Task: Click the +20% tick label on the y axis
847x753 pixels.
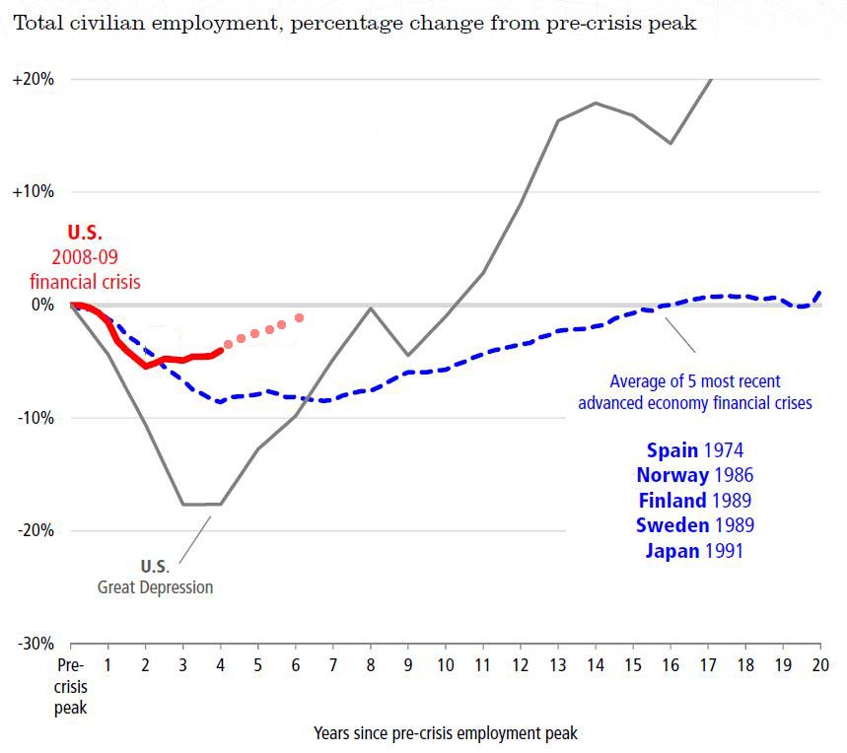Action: tap(34, 79)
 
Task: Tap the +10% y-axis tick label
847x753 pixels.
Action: tap(34, 191)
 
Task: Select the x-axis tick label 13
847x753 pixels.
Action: tap(557, 663)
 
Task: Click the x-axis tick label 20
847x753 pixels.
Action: tap(819, 663)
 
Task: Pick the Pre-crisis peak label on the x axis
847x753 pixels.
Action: tap(71, 685)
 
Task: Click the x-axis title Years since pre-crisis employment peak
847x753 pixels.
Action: tap(446, 733)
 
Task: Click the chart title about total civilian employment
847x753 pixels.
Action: tap(354, 24)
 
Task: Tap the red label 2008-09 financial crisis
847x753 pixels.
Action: tap(85, 271)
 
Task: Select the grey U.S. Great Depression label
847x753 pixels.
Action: tap(155, 577)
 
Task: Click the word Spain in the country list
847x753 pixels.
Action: tap(672, 450)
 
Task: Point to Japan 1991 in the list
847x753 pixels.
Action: tap(694, 550)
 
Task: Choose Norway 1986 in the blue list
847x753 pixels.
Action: tap(694, 475)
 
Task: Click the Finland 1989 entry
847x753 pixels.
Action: tap(694, 500)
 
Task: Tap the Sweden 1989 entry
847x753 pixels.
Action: tap(694, 524)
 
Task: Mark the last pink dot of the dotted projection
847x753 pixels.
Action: tap(299, 317)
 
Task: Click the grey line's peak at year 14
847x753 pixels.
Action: tap(596, 103)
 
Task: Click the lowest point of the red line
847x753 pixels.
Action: tap(147, 366)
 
